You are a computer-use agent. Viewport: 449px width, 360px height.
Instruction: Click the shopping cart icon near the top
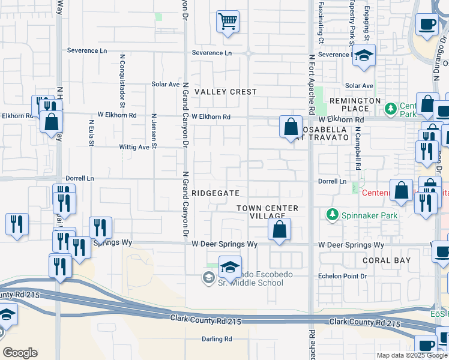point(228,22)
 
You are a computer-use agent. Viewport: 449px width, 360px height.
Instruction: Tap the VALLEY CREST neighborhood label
point(226,92)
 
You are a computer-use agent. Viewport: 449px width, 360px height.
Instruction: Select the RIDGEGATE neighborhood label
point(216,193)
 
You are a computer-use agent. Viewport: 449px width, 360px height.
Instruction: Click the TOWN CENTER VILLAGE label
point(267,212)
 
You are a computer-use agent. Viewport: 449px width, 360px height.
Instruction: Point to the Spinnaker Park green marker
point(331,214)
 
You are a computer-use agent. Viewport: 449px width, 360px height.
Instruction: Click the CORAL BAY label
point(387,260)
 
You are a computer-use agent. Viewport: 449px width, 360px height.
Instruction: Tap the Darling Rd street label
point(217,339)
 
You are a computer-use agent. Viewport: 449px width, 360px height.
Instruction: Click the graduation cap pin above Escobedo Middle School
point(229,266)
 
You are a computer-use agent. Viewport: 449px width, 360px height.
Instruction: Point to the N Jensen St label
point(154,131)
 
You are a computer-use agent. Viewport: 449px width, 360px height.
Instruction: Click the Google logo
point(20,353)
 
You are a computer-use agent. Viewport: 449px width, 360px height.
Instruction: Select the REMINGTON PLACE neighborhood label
point(355,104)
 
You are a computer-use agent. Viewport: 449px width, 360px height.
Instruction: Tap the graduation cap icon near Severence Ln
point(364,56)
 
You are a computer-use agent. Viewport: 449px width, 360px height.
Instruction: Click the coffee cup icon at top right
point(427,24)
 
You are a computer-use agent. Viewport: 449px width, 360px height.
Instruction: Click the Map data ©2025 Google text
point(411,355)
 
